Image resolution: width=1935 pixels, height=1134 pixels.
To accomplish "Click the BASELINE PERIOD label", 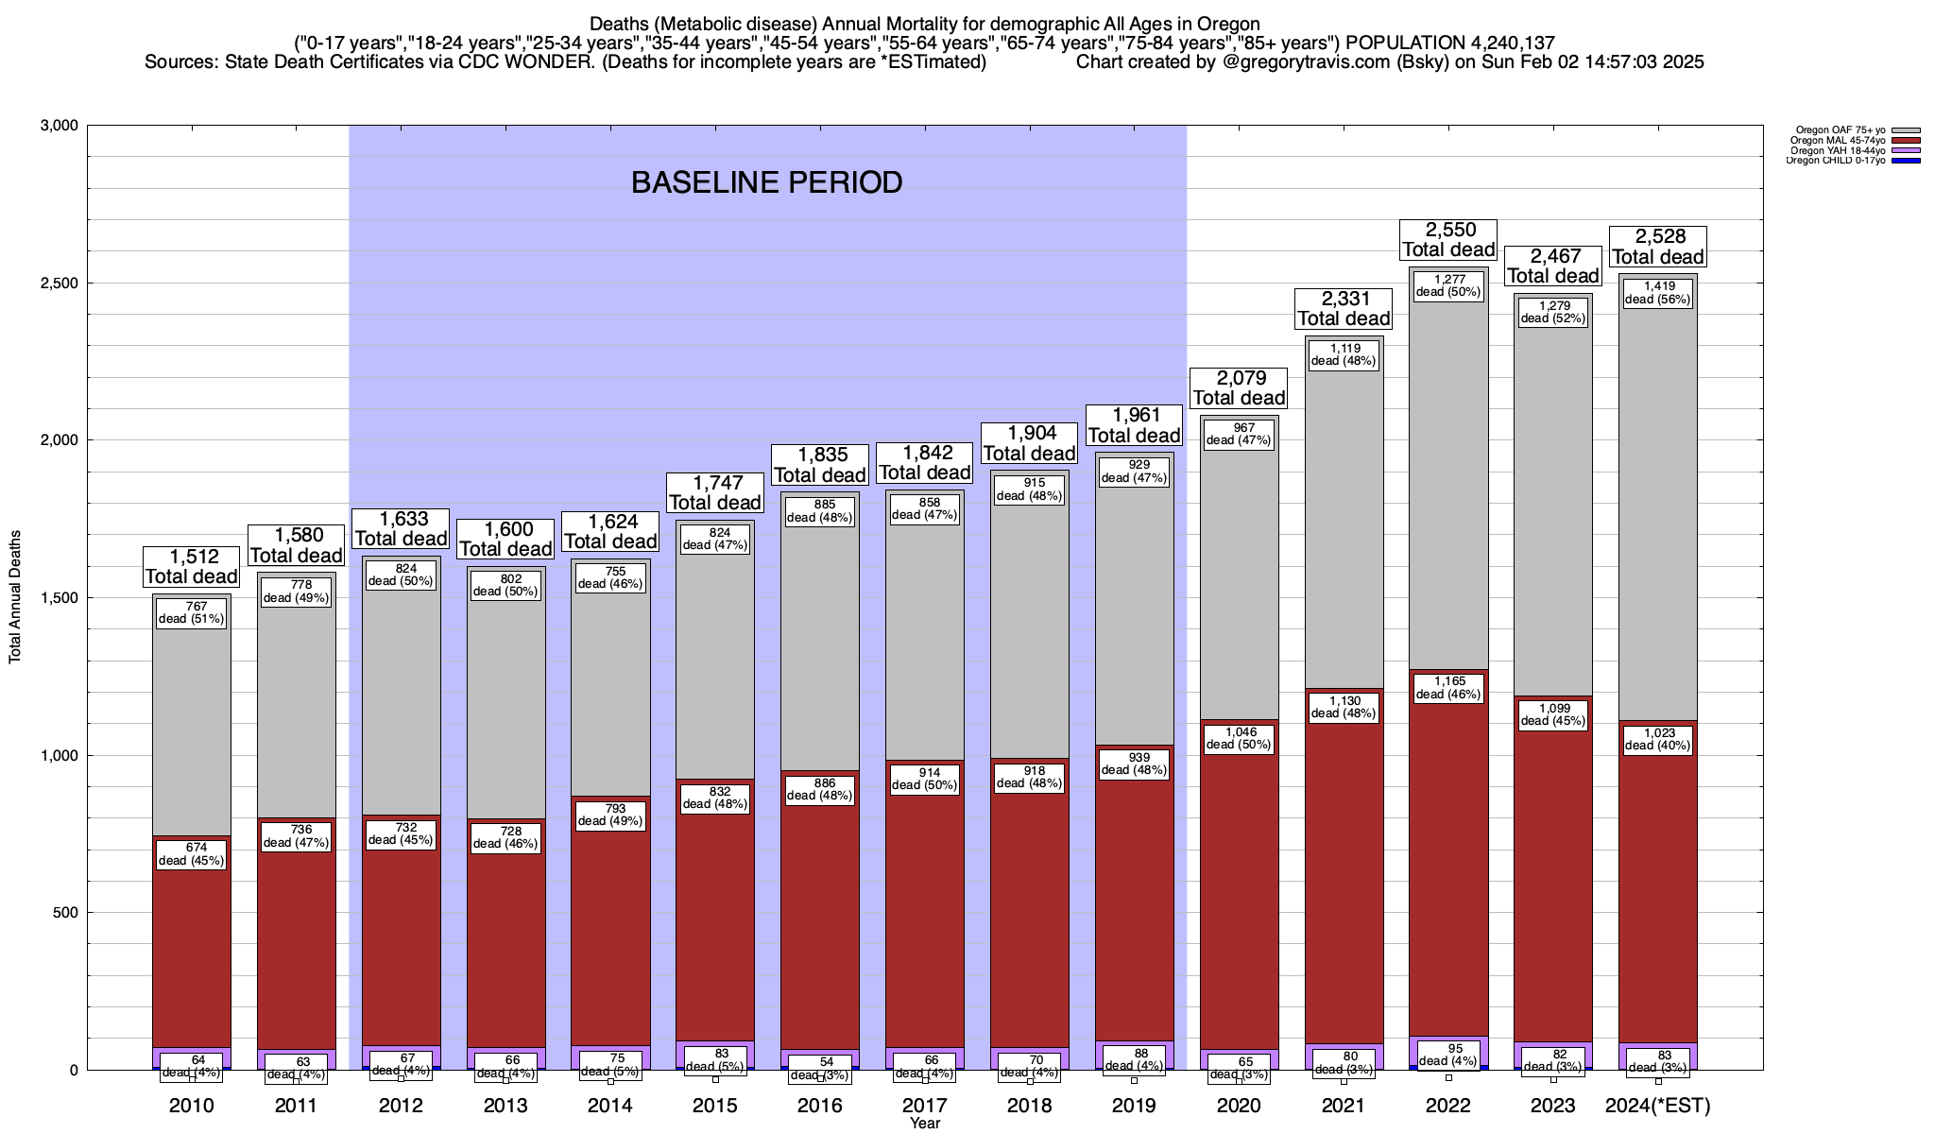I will coord(766,182).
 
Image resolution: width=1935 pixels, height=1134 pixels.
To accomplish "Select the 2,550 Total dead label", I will coord(1448,239).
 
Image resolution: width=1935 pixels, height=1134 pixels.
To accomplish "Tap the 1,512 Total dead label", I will coord(191,566).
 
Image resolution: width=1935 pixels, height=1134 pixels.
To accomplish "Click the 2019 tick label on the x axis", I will coord(1134,1106).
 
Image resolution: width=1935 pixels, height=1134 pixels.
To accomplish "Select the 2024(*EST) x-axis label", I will coord(1657,1106).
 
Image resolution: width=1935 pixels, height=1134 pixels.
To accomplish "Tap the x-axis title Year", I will coord(925,1124).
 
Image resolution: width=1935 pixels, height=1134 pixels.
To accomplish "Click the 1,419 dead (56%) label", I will coord(1657,293).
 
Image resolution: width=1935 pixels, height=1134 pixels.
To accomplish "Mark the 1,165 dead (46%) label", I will coord(1448,688).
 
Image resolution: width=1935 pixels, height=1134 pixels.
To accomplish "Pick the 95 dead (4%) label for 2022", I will coord(1448,1055).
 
